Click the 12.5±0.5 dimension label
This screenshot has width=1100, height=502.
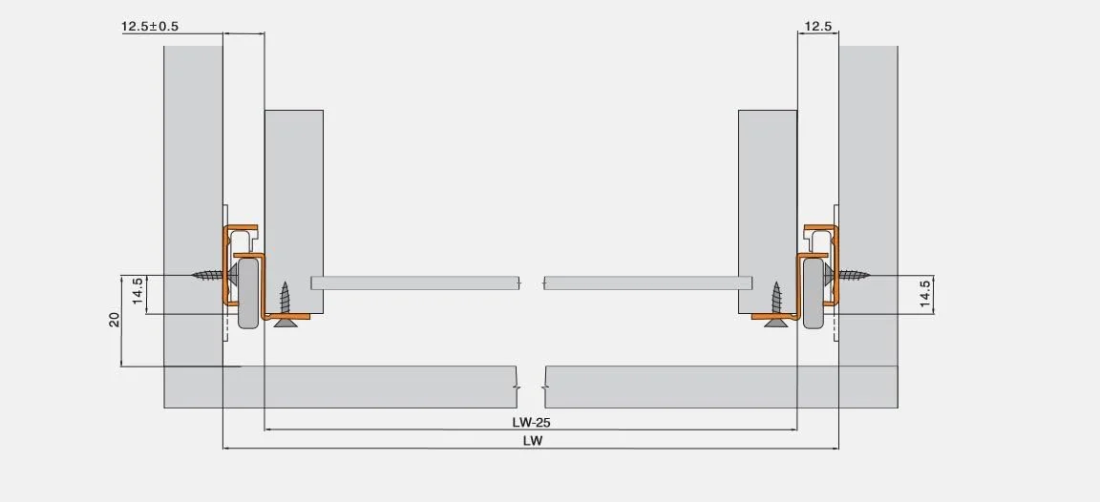click(150, 27)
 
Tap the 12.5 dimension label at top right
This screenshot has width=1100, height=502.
click(818, 27)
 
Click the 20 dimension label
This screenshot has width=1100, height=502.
click(115, 320)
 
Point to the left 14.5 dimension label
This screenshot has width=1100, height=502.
click(137, 295)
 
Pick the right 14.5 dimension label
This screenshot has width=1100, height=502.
click(925, 295)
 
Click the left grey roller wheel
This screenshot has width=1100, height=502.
click(248, 293)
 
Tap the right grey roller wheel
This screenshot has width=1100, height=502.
click(814, 293)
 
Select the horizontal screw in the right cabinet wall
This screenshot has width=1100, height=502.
click(848, 276)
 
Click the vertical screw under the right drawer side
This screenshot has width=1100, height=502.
click(776, 305)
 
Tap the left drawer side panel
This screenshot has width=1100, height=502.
click(294, 212)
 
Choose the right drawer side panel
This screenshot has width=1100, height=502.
click(768, 212)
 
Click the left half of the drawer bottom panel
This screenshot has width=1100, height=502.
click(415, 283)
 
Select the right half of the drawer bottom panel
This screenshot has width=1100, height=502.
click(648, 283)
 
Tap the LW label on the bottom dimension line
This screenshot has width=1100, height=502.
click(532, 441)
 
